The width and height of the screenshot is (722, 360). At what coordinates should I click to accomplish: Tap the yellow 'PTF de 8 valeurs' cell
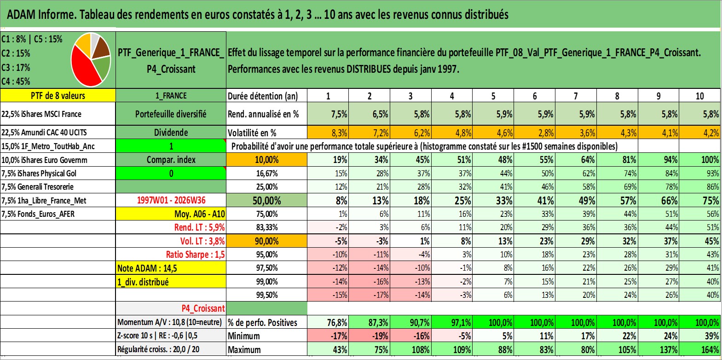pos(58,95)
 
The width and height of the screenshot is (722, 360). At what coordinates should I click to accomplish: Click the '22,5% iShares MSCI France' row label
pos(41,114)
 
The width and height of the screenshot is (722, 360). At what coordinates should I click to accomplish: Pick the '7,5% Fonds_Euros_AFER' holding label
pos(38,214)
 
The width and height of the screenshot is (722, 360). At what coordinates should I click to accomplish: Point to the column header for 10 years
pos(699,96)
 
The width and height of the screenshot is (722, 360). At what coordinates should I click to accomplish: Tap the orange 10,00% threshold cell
pos(266,160)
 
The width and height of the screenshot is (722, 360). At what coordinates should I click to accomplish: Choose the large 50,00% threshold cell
pos(266,200)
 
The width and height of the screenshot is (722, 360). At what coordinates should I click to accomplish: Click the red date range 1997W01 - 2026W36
pos(171,200)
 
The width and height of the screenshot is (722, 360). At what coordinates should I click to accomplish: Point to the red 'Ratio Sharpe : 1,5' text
pos(195,255)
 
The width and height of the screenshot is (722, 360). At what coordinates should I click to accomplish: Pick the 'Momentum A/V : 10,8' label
pos(169,322)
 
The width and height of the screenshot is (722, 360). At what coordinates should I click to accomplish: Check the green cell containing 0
pos(171,173)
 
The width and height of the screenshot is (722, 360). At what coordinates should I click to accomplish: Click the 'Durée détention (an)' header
pos(263,96)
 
